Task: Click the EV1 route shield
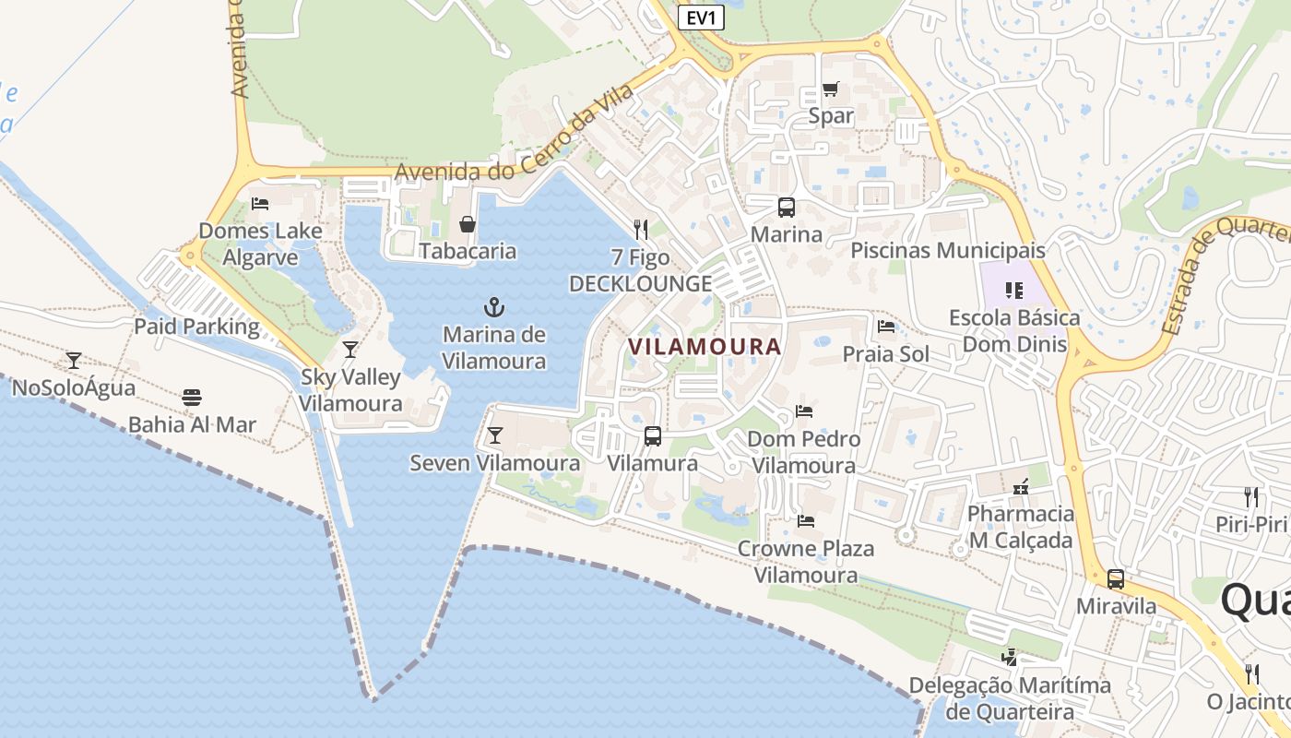701,18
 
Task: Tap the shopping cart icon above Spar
831,90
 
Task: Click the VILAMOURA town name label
705,347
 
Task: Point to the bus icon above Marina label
786,208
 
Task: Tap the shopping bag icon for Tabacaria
468,224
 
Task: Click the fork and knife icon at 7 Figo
641,230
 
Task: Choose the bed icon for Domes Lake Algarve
260,204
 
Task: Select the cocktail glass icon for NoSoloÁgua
74,360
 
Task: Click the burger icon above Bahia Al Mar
192,398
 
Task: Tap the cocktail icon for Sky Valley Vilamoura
350,349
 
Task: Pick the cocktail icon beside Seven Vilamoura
495,435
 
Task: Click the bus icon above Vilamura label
652,435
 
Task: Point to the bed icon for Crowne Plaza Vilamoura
805,521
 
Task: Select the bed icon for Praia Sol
886,327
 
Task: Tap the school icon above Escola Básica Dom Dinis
1014,291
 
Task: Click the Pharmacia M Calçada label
1021,527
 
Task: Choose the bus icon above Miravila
1116,579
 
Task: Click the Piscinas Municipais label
948,250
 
